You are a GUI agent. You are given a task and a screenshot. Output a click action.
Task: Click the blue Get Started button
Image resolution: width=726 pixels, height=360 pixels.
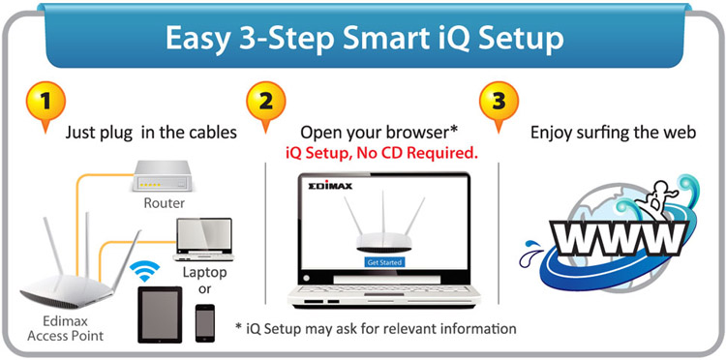pos(384,262)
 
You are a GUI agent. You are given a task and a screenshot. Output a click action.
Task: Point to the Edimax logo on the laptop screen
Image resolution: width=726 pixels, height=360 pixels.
pos(330,186)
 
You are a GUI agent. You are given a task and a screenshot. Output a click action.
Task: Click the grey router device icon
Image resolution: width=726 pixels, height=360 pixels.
pos(161,176)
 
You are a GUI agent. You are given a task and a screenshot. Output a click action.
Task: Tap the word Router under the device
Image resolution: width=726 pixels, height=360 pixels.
pos(165,203)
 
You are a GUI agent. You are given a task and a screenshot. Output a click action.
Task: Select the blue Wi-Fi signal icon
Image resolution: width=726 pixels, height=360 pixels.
pos(144,272)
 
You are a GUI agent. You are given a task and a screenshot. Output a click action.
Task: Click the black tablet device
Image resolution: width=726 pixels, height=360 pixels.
pos(160,315)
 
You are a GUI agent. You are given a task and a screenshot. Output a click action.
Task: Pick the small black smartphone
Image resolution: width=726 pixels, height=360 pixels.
pos(205,323)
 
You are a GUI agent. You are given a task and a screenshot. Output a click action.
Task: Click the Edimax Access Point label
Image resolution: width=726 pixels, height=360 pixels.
pos(65,328)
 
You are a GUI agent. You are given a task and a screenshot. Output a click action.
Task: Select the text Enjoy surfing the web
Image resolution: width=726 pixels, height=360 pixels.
pos(613,134)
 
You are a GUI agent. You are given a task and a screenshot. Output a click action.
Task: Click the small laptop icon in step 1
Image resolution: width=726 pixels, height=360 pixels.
pos(203,240)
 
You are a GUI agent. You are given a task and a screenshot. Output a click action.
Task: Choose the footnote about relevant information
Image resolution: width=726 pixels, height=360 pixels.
pos(376,328)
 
